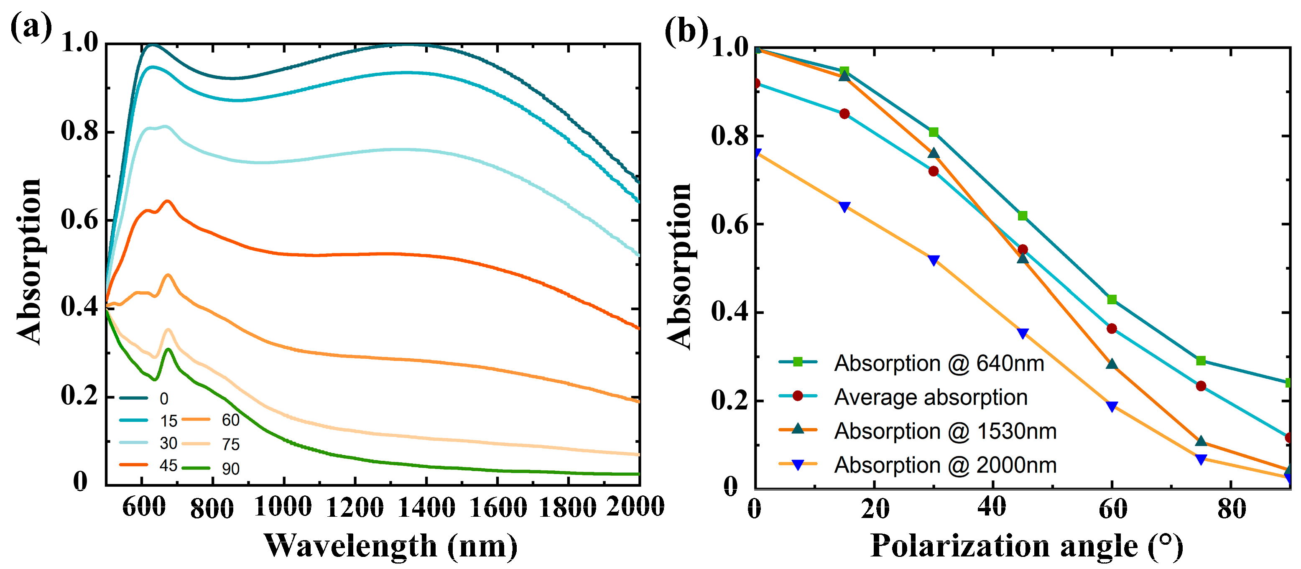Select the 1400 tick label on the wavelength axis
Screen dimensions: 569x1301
click(427, 506)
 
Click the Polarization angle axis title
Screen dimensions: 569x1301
click(1027, 546)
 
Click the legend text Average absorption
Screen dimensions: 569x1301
click(930, 397)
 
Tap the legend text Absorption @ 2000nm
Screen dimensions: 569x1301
click(945, 465)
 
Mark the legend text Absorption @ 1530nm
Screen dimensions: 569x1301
click(945, 431)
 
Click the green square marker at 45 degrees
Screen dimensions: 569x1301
click(1023, 216)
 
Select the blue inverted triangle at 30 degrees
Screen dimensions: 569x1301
click(934, 260)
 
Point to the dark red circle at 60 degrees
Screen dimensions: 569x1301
click(1112, 329)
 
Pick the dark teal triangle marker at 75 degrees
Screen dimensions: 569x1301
click(1201, 441)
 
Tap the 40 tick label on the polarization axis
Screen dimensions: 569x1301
click(992, 506)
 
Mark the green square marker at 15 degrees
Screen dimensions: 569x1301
click(844, 71)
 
